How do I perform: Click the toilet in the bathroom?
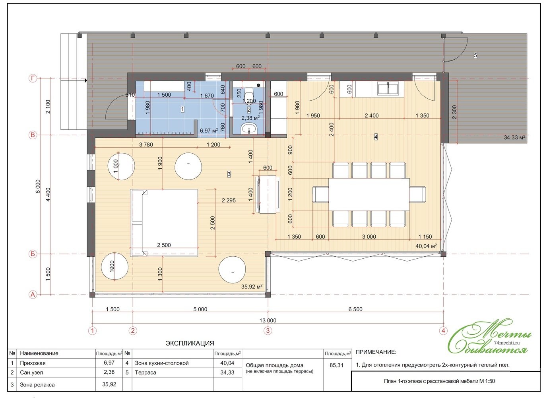click(x=248, y=94)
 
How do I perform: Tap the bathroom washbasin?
click(x=249, y=128)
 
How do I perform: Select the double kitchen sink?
click(x=388, y=88)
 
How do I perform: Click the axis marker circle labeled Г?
click(x=33, y=78)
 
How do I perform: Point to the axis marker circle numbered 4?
click(x=443, y=331)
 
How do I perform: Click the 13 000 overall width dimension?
click(x=268, y=320)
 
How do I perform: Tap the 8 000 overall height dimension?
click(x=38, y=187)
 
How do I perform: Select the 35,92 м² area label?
click(x=252, y=287)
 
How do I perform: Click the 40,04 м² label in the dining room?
click(x=426, y=246)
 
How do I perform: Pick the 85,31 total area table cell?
click(x=336, y=365)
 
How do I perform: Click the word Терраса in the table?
click(x=145, y=373)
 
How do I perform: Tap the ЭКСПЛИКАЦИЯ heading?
click(x=190, y=343)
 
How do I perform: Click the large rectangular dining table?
click(x=369, y=194)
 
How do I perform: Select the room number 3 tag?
click(x=229, y=174)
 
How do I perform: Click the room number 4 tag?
click(x=376, y=137)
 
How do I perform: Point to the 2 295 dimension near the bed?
click(x=229, y=201)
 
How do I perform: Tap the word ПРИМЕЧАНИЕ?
click(x=376, y=352)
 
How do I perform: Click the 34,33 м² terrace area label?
click(x=514, y=138)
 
